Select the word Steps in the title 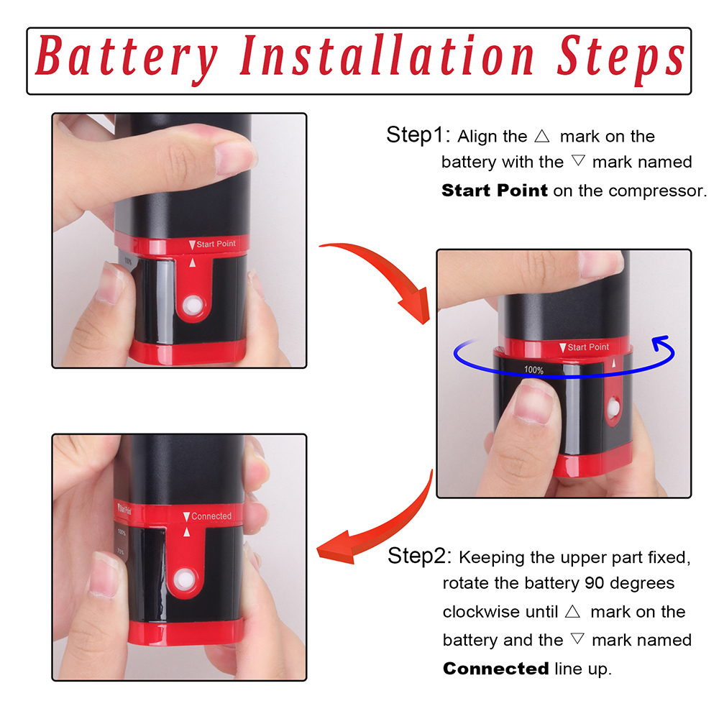[621, 60]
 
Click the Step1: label [418, 135]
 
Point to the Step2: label [419, 556]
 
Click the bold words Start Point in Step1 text [495, 191]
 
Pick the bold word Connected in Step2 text [495, 669]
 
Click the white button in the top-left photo [192, 306]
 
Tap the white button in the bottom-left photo [185, 579]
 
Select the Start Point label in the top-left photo [212, 244]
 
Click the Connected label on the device [207, 516]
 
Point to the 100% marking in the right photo [533, 370]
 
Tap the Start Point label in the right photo [584, 347]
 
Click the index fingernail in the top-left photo [234, 157]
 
